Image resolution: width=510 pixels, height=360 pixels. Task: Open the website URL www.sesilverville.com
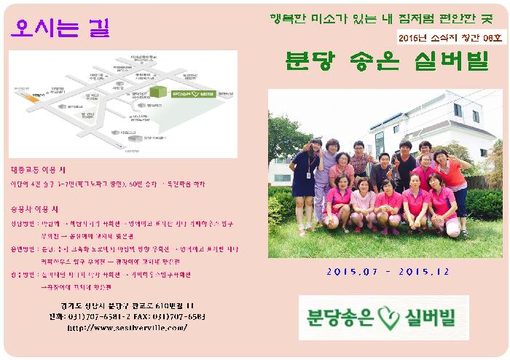coord(127,328)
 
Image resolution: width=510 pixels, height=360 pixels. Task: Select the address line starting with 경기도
coord(127,306)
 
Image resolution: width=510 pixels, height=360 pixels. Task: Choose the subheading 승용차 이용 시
coord(35,208)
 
